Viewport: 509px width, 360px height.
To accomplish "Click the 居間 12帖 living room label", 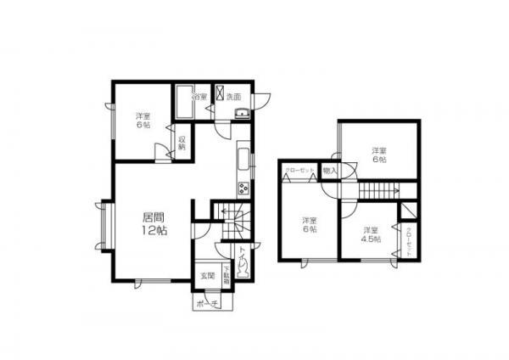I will pyautogui.click(x=154, y=222).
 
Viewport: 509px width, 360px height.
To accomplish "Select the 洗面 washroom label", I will pyautogui.click(x=234, y=98).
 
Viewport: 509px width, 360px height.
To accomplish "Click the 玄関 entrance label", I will pyautogui.click(x=208, y=276).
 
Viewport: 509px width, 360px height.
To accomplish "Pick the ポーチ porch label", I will pyautogui.click(x=208, y=303).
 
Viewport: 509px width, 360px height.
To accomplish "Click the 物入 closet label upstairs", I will pyautogui.click(x=331, y=171).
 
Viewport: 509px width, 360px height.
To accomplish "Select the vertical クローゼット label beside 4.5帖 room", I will pyautogui.click(x=408, y=243).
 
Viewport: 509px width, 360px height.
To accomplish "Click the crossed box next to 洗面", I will pyautogui.click(x=219, y=95).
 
